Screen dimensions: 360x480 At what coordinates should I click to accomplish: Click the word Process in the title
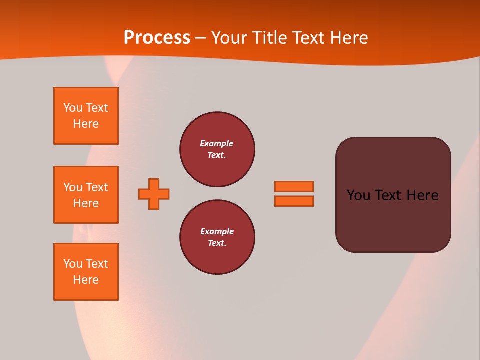tap(157, 38)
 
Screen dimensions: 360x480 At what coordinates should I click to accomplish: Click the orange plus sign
tap(154, 194)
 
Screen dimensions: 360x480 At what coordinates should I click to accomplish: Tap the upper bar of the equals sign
tap(294, 186)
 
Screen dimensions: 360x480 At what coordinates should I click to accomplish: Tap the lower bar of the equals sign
tap(294, 201)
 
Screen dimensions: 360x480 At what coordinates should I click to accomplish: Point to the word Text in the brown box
tap(388, 195)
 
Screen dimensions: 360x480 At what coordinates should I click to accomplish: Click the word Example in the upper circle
tap(217, 143)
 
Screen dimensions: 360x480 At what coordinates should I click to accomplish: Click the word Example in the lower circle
tap(217, 231)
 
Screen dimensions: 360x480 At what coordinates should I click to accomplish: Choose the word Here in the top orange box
tap(86, 124)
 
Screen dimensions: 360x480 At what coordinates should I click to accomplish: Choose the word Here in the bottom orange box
tap(86, 280)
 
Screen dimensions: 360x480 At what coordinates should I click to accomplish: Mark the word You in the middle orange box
tap(72, 187)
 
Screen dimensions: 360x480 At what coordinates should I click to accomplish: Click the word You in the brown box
tap(358, 195)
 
